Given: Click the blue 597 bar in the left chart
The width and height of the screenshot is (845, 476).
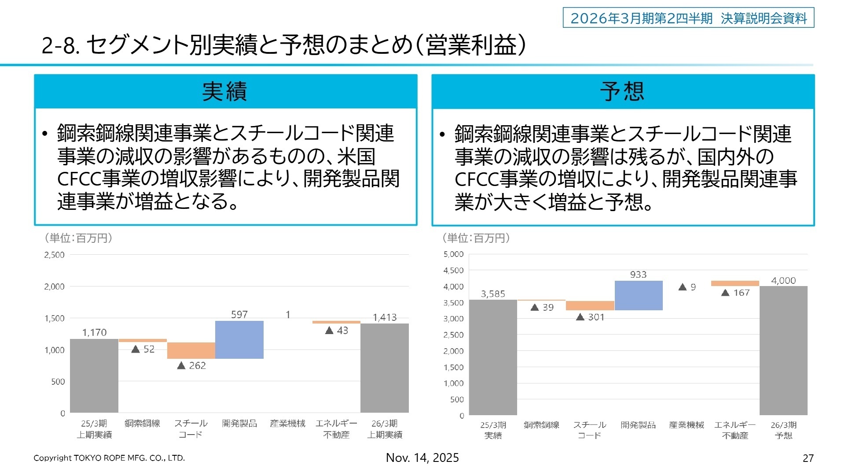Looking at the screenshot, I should (x=239, y=339).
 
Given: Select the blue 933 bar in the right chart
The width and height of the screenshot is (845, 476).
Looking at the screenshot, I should (x=638, y=295).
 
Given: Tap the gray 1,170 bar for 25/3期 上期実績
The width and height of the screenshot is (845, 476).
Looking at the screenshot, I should (x=94, y=376).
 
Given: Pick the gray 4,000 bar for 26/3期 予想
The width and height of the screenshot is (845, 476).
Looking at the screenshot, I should (x=783, y=350).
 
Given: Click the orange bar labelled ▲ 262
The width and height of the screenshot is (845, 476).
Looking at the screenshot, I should (x=191, y=350).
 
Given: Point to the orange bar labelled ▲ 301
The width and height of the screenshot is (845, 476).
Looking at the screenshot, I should (x=590, y=305).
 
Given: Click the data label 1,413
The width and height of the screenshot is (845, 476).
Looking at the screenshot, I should (x=385, y=317).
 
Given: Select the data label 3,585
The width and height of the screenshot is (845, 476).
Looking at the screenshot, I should (x=493, y=294).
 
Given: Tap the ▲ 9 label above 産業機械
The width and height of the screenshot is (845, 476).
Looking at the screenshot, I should (x=687, y=287).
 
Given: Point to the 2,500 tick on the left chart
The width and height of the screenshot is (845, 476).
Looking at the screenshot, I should (x=54, y=255).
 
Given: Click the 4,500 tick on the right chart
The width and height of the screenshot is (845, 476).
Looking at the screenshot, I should (x=453, y=270).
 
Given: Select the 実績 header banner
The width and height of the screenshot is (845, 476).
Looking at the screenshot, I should (x=225, y=92).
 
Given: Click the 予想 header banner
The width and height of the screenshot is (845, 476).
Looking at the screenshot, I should (x=623, y=92).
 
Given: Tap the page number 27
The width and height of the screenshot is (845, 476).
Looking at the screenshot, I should (x=808, y=458).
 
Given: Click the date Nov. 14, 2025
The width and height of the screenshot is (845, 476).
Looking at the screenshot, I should (x=422, y=458).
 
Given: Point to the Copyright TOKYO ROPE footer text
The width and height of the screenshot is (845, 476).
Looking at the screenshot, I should (x=109, y=458).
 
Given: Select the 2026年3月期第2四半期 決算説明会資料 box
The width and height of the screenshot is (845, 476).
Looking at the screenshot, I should (x=688, y=18).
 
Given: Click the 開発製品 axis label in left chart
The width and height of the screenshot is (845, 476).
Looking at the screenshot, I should (x=239, y=424).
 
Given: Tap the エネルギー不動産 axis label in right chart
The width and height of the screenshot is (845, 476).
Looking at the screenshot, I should (x=735, y=430).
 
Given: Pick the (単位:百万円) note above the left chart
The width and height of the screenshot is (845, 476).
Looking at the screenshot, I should (x=78, y=238).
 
